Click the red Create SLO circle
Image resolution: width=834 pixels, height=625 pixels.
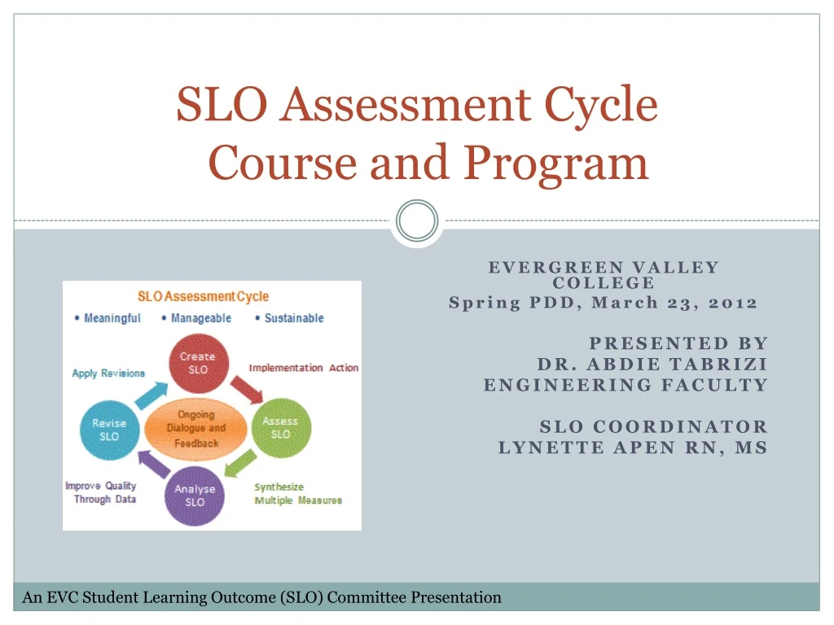tap(197, 363)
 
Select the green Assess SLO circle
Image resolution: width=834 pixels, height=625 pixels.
tap(280, 427)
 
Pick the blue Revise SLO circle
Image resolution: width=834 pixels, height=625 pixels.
tap(109, 430)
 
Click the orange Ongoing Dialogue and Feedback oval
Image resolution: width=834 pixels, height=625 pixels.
tap(196, 428)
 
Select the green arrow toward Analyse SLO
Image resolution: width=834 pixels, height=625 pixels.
tap(241, 463)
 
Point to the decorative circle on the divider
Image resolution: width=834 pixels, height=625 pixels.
tap(417, 221)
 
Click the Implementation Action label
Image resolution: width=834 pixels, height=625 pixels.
tap(303, 368)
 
